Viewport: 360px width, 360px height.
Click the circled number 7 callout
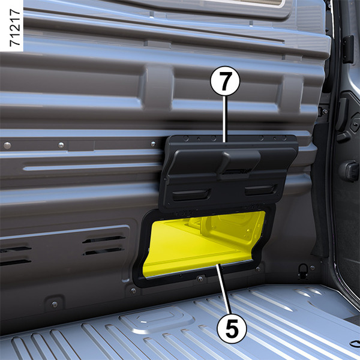[225, 81]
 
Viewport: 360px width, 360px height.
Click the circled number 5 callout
[232, 328]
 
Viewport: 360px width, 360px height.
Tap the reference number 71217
[15, 28]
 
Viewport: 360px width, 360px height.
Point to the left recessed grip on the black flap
[191, 194]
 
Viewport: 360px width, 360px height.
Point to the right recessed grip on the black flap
[261, 190]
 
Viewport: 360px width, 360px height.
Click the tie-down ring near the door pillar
[303, 271]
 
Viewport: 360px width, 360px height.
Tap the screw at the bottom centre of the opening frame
[200, 279]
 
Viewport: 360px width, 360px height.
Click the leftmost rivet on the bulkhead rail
[7, 145]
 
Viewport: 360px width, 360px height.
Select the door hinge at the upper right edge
[348, 49]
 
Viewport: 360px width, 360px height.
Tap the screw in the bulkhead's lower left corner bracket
[55, 305]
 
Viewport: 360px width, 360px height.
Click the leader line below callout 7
[226, 119]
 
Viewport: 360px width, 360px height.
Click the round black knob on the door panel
[349, 172]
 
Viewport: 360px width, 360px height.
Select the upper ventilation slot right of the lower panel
[104, 239]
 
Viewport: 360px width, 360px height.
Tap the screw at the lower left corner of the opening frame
[133, 291]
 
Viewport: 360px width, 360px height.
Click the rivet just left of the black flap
[153, 144]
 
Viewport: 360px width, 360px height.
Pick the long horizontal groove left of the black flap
[92, 167]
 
